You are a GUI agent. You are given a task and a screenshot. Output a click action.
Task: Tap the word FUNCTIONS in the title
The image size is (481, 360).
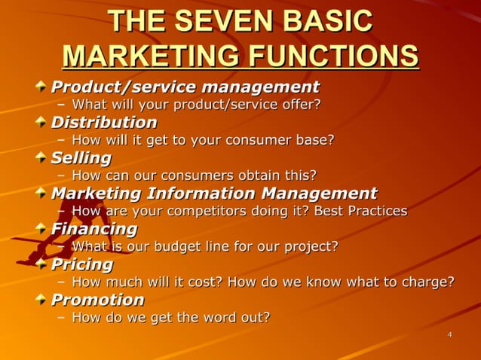[335, 56]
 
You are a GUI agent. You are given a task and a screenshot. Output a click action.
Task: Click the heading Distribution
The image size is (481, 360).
[104, 122]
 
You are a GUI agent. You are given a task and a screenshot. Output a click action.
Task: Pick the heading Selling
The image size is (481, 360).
[81, 158]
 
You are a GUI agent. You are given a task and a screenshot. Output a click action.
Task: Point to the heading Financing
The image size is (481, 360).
[94, 228]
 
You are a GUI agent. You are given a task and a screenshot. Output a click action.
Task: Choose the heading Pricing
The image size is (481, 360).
[81, 264]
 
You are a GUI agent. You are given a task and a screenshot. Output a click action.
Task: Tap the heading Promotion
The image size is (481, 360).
[97, 300]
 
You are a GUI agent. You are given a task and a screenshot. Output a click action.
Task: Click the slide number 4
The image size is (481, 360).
[449, 335]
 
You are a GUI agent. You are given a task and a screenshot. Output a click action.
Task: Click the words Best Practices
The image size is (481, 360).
[360, 211]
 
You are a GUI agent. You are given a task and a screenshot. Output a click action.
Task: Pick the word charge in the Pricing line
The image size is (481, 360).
[427, 282]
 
